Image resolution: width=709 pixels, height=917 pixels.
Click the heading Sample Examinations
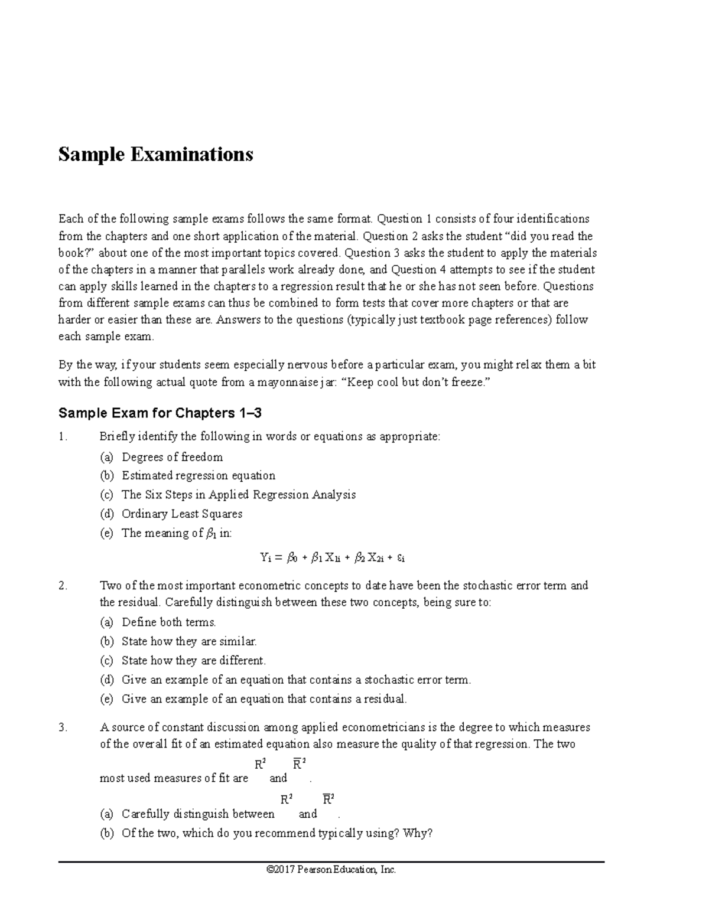(x=155, y=155)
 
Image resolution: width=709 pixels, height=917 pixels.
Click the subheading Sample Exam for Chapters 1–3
(x=160, y=413)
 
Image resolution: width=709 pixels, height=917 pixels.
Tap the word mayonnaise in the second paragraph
(x=287, y=382)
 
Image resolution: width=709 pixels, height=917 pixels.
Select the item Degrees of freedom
(x=172, y=457)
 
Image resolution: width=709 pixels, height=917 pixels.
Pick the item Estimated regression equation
(x=198, y=476)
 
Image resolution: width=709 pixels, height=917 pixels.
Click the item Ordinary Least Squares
(x=181, y=514)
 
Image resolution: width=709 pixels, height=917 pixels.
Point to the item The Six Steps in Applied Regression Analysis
(x=238, y=495)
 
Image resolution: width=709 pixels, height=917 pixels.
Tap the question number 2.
(x=63, y=586)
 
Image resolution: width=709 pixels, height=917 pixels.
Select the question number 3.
(x=63, y=727)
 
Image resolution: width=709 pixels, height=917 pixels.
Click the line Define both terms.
(x=168, y=622)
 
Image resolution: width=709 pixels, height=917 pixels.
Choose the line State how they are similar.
(x=188, y=641)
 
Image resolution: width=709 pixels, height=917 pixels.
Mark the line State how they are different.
(x=193, y=661)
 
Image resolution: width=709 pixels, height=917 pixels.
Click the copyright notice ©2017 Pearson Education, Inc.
(x=331, y=870)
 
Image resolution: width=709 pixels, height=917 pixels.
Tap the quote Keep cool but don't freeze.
(x=417, y=382)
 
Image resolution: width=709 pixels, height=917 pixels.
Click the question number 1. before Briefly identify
(x=63, y=437)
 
